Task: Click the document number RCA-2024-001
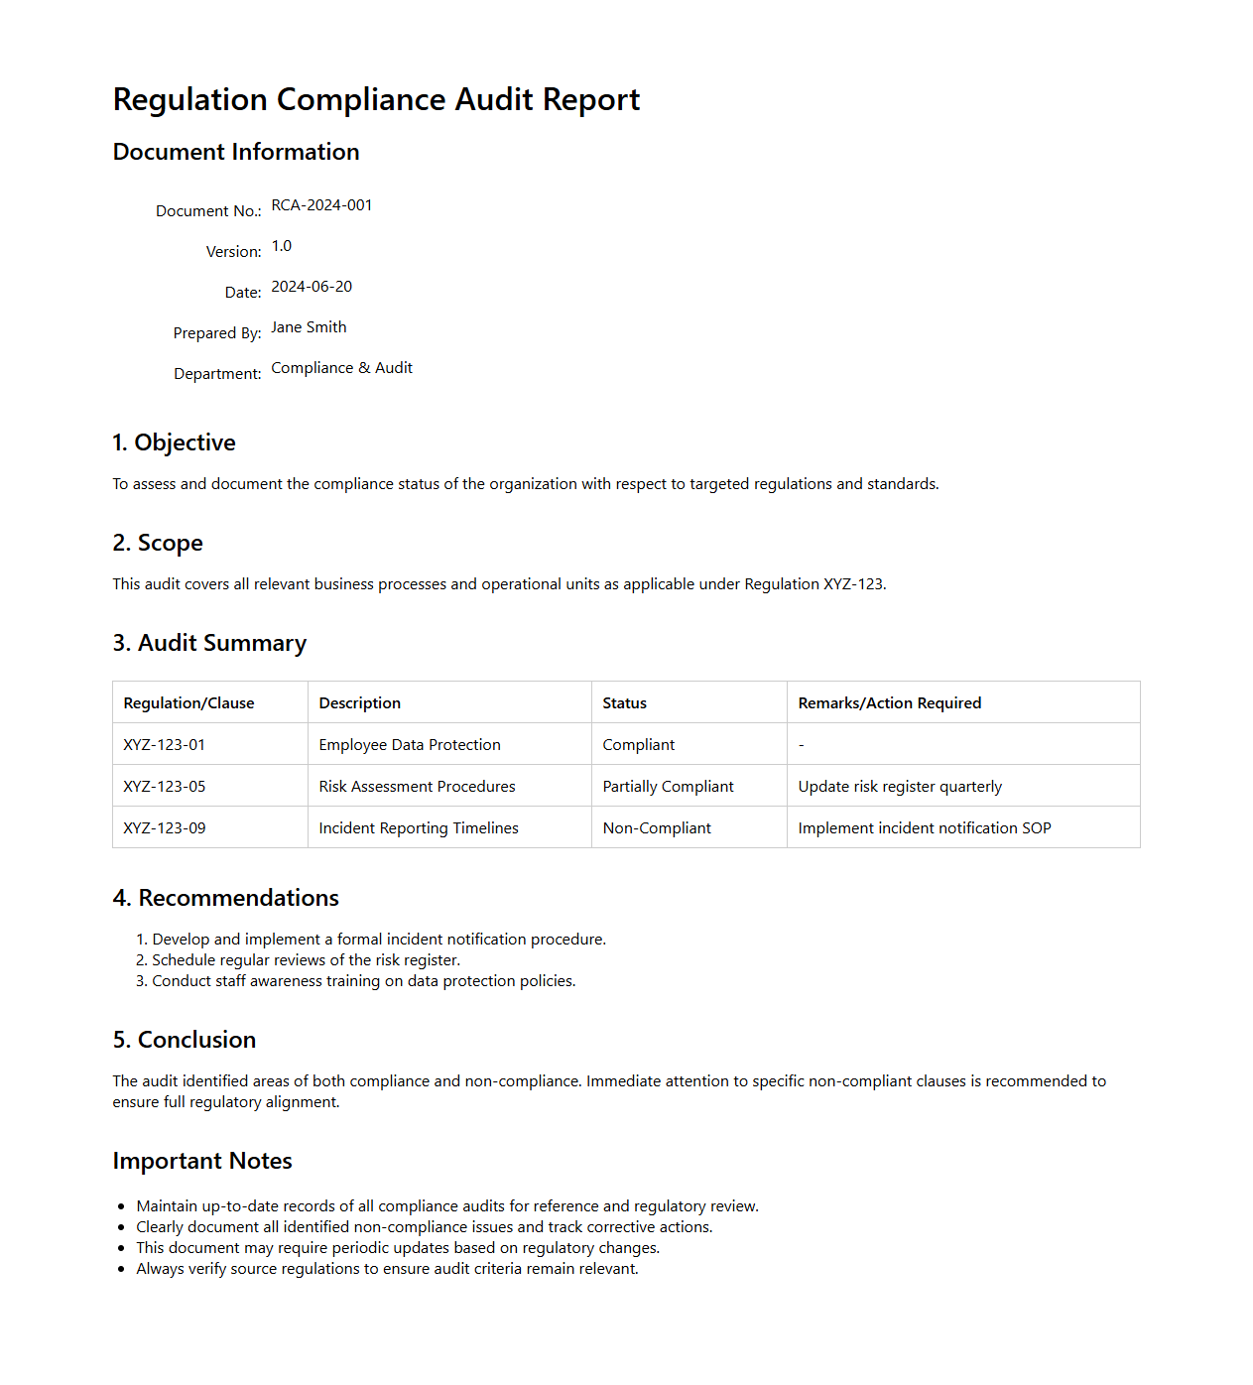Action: (321, 205)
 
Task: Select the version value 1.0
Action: (282, 246)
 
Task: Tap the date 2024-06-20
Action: (312, 287)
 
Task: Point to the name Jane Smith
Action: (309, 327)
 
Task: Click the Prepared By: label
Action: (217, 333)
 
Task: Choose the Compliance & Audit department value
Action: (341, 368)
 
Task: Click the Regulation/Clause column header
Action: (188, 703)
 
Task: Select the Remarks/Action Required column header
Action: (889, 703)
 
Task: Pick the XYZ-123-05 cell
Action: (165, 787)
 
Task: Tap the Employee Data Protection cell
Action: (410, 745)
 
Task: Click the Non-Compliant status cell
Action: (657, 828)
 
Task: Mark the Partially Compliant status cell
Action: (668, 787)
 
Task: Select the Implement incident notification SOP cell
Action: (924, 828)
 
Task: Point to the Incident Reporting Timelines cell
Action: (419, 828)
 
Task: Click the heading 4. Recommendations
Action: (225, 898)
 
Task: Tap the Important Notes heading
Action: (202, 1161)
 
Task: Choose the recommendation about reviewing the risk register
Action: (306, 960)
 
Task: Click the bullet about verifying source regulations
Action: (387, 1269)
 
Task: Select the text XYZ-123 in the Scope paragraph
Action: (852, 584)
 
